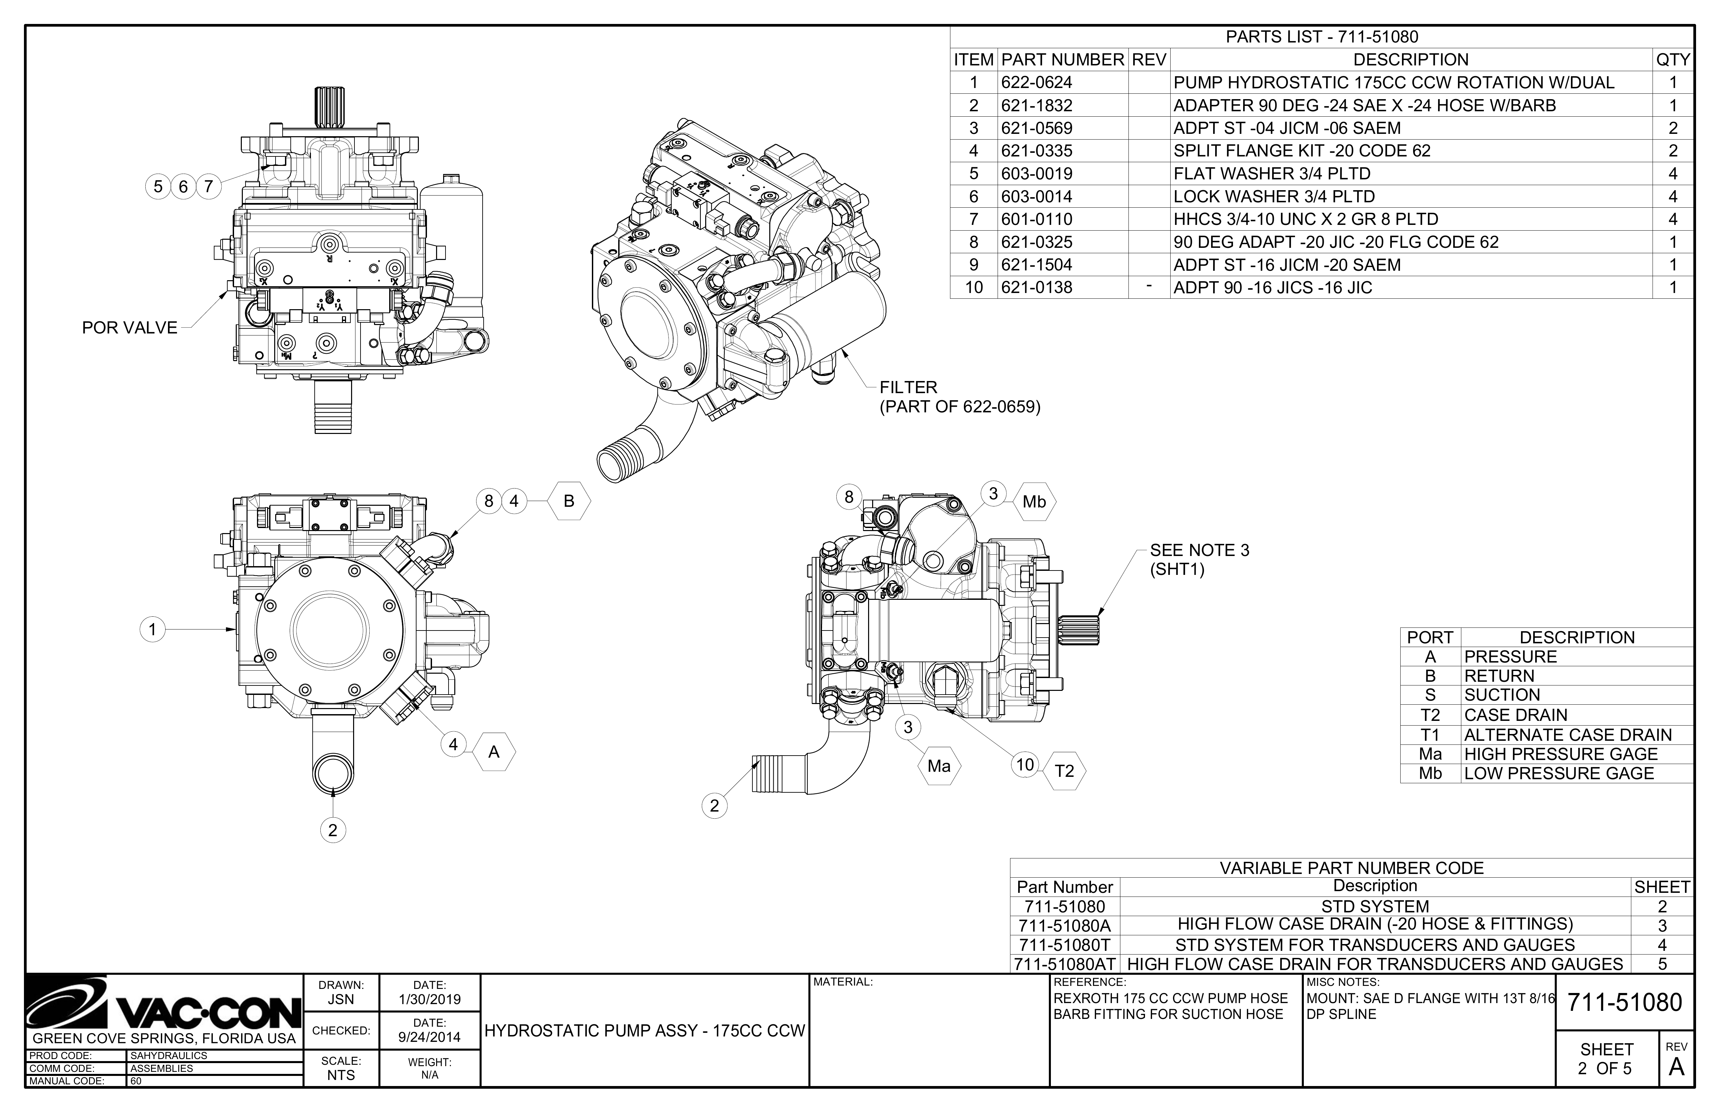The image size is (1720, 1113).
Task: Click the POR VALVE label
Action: click(x=130, y=327)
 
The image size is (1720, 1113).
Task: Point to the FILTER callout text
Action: click(x=909, y=387)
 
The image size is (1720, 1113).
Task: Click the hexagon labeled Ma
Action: click(x=939, y=766)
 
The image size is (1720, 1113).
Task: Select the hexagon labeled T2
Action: click(x=1064, y=771)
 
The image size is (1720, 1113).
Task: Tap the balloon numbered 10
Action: click(x=1025, y=765)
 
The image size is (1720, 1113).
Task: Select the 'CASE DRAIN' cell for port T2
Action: click(x=1516, y=715)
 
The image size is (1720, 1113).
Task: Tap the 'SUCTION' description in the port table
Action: click(x=1502, y=695)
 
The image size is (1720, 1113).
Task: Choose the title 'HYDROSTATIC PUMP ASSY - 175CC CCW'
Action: click(x=644, y=1031)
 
